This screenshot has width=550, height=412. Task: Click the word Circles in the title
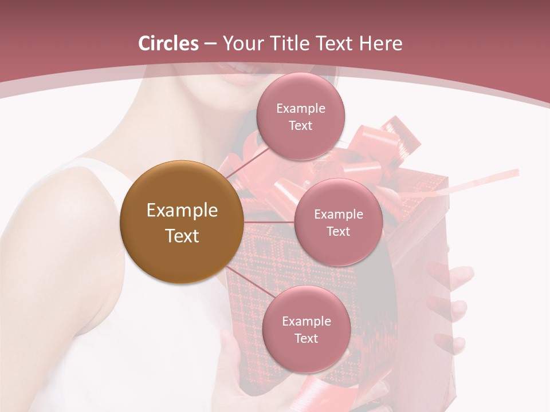168,43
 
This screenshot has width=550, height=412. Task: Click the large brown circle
181,222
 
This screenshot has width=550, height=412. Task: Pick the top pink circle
300,117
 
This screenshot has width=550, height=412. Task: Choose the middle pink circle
338,222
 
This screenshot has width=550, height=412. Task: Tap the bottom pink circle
306,329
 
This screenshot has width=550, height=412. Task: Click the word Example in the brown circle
182,211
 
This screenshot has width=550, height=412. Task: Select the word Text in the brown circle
182,236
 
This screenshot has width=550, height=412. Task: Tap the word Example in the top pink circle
301,109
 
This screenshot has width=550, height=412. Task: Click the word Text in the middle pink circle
338,231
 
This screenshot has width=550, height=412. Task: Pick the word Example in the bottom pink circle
307,321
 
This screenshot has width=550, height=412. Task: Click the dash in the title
210,44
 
